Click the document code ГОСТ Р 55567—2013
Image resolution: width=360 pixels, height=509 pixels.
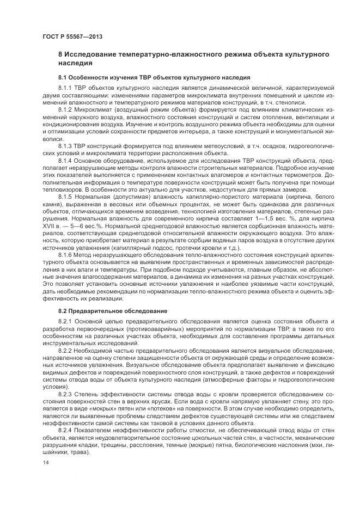[x=72, y=36]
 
